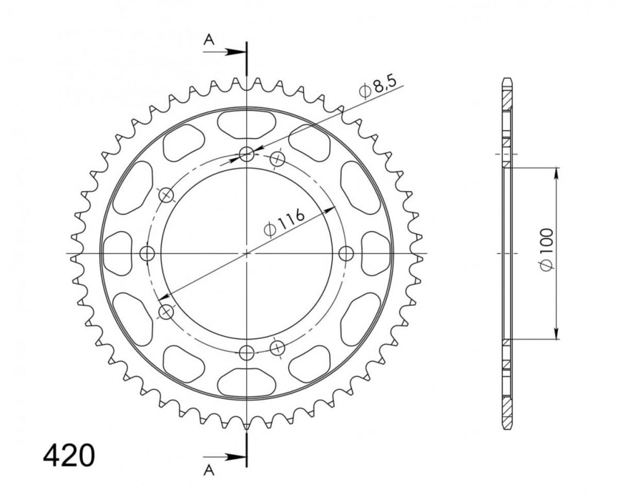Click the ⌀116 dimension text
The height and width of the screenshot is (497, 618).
[284, 223]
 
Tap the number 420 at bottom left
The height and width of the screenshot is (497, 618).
[69, 456]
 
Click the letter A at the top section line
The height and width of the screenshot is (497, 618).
[209, 40]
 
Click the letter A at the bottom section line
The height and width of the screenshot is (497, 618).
[209, 478]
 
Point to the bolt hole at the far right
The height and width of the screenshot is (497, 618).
[346, 254]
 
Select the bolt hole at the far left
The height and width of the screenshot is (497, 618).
[147, 254]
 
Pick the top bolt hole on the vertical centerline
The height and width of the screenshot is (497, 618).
[247, 154]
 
